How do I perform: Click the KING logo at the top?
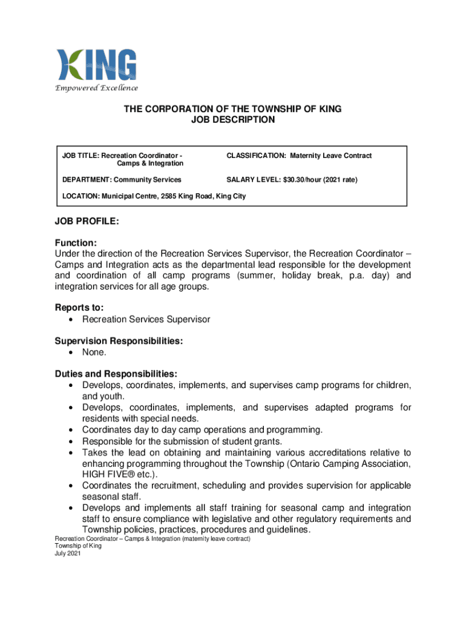point(96,65)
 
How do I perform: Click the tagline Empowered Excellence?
point(96,88)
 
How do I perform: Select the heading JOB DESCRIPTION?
point(233,120)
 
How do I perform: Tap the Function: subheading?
point(76,242)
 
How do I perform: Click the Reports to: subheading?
point(79,308)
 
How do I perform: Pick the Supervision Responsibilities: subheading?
point(119,341)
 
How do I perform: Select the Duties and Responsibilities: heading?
point(116,374)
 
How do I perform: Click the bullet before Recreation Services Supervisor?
point(73,319)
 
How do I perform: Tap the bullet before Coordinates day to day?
point(73,430)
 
